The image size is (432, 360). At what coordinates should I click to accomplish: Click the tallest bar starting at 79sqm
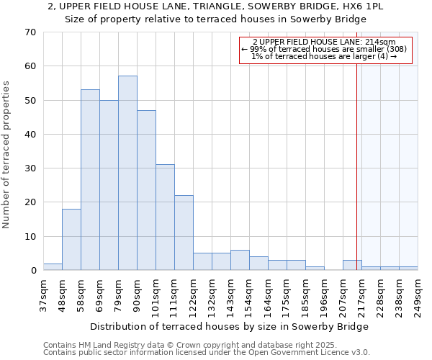[x=127, y=173]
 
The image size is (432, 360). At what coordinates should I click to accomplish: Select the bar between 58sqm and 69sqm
[x=90, y=180]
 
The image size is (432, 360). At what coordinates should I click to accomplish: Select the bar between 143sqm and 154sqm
[x=240, y=260]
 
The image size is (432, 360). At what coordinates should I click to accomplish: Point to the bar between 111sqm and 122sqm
[x=184, y=233]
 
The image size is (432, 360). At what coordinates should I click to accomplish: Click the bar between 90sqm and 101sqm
[x=146, y=190]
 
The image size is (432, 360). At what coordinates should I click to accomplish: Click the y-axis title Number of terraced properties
[x=6, y=155]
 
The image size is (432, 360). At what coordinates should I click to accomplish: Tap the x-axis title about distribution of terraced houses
[x=230, y=326]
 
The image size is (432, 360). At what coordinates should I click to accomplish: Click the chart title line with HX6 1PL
[x=216, y=6]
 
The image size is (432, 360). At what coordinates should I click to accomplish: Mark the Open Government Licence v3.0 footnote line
[x=207, y=352]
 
